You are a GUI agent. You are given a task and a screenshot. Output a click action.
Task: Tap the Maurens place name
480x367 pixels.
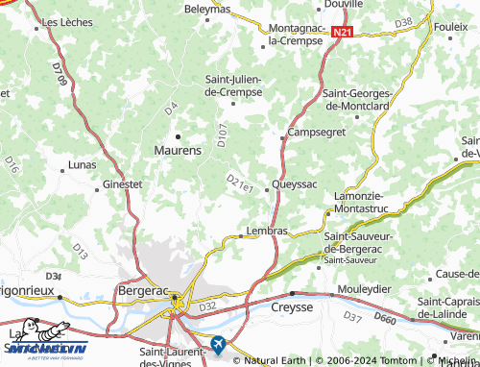(178, 150)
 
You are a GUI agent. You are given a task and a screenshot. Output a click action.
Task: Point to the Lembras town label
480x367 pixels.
(267, 231)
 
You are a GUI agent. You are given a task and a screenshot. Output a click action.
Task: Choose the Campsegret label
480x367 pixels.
(316, 132)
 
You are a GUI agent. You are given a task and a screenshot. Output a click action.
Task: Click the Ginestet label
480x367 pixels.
(122, 183)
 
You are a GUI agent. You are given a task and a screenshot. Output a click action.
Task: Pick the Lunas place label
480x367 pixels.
(83, 165)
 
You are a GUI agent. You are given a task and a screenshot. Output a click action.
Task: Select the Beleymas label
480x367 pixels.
(207, 9)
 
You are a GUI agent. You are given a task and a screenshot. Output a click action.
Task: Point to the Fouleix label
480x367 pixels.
(450, 27)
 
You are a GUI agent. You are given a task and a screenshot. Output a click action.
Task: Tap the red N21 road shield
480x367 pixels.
(343, 32)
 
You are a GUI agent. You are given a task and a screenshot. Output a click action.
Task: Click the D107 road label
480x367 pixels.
(222, 135)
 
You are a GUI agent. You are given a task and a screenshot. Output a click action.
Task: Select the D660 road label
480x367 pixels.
(384, 318)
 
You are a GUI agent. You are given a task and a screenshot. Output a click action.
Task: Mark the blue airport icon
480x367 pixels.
(218, 342)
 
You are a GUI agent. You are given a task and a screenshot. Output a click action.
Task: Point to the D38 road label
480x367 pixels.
(403, 21)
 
